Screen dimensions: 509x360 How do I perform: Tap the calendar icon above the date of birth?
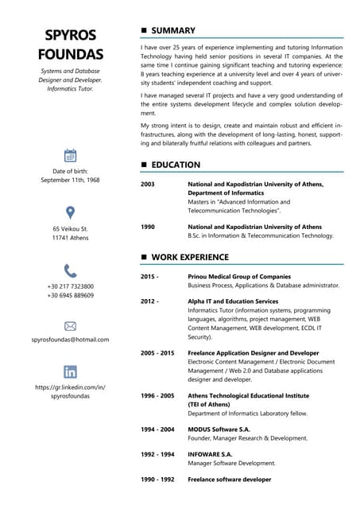pyautogui.click(x=70, y=155)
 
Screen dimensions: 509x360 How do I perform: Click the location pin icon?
pyautogui.click(x=70, y=212)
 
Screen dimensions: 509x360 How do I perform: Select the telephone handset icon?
pyautogui.click(x=70, y=270)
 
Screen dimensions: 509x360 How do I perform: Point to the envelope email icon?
pyautogui.click(x=70, y=326)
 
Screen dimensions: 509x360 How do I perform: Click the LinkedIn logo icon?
pyautogui.click(x=70, y=371)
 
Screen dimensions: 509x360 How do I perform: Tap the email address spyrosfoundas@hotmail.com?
pyautogui.click(x=70, y=340)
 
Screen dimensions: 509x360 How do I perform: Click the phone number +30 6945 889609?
pyautogui.click(x=70, y=295)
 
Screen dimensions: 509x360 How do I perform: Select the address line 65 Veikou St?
pyautogui.click(x=70, y=229)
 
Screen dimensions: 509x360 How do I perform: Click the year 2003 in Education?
pyautogui.click(x=147, y=184)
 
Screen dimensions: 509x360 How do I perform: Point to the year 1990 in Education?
pyautogui.click(x=147, y=227)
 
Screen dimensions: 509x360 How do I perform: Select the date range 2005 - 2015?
pyautogui.click(x=157, y=352)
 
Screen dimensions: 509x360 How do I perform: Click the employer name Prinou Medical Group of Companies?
pyautogui.click(x=238, y=276)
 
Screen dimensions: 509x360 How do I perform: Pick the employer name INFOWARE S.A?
pyautogui.click(x=210, y=454)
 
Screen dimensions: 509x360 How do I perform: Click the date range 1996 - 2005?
pyautogui.click(x=157, y=395)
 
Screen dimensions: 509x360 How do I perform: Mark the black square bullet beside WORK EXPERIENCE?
pyautogui.click(x=144, y=257)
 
